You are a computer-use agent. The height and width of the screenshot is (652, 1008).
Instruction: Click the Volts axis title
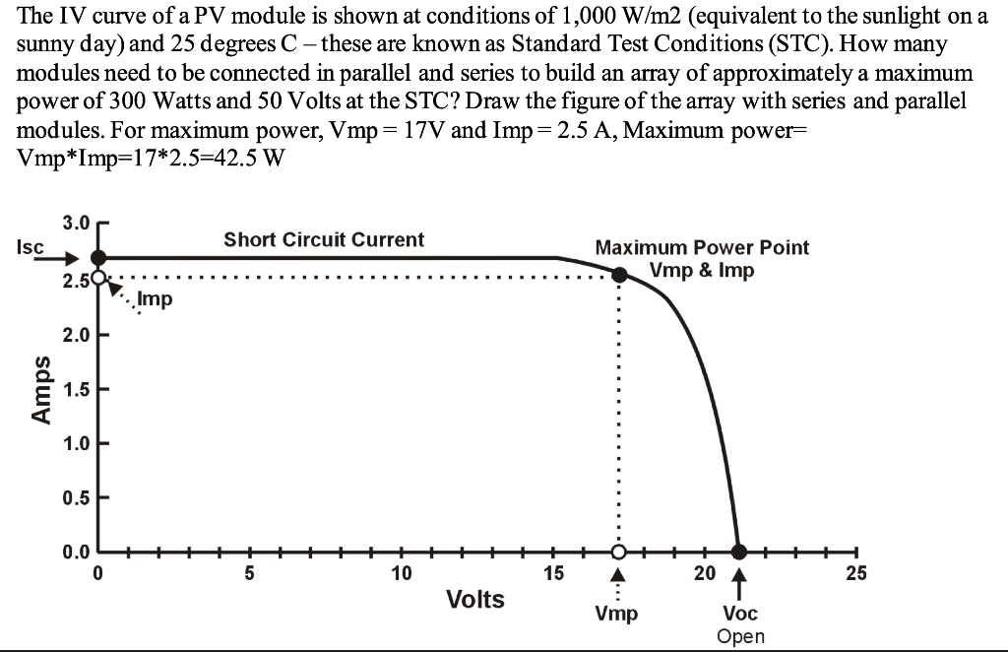475,599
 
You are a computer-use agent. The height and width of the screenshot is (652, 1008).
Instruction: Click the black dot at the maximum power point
618,276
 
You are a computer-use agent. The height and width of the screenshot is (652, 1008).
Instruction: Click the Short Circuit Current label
324,239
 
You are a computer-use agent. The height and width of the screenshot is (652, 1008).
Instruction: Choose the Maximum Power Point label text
702,247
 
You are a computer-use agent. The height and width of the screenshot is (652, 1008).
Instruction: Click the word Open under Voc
740,636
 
